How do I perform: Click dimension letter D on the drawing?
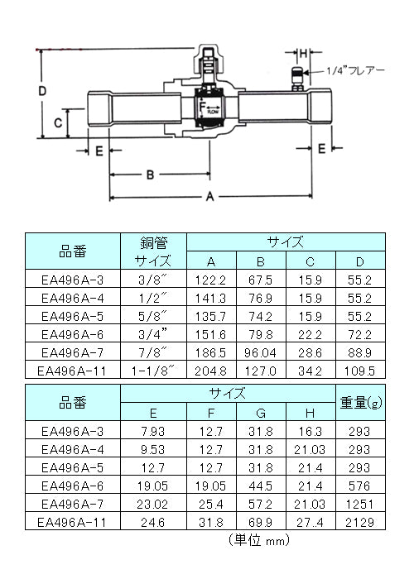pyautogui.click(x=42, y=91)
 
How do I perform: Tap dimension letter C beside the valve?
pyautogui.click(x=58, y=122)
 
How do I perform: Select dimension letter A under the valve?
pyautogui.click(x=210, y=197)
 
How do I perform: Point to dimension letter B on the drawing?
pyautogui.click(x=150, y=175)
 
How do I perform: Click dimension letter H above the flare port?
pyautogui.click(x=304, y=54)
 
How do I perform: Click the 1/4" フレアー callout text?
pyautogui.click(x=355, y=70)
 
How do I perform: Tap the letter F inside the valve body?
pyautogui.click(x=202, y=107)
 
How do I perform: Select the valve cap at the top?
pyautogui.click(x=209, y=59)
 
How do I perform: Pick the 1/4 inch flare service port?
pyautogui.click(x=297, y=79)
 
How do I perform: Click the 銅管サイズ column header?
pyautogui.click(x=153, y=251)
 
